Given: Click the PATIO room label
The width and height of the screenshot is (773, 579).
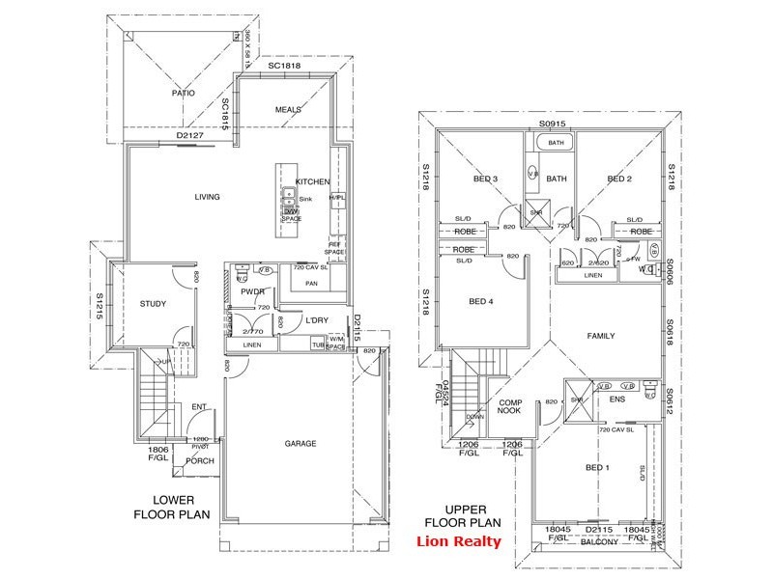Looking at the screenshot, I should (184, 94).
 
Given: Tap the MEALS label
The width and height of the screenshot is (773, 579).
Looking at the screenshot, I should (289, 110).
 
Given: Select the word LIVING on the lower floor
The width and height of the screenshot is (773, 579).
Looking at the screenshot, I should (207, 198).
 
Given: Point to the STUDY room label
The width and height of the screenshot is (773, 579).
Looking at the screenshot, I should (153, 304).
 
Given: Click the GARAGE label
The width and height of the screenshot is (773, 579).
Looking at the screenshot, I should (301, 444).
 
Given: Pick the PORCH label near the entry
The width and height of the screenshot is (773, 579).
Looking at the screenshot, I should (200, 461).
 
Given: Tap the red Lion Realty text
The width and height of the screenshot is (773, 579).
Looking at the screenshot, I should (458, 540).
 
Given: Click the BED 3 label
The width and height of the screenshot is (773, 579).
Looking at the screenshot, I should (485, 179).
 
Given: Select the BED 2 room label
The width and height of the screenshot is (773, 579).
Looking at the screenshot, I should (618, 179).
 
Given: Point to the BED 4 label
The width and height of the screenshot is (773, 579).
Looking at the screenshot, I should (480, 302).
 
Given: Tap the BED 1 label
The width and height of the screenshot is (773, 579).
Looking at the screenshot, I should (598, 467).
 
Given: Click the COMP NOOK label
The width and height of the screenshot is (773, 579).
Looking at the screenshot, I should (511, 407).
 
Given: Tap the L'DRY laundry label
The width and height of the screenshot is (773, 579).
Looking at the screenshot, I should (320, 319).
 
